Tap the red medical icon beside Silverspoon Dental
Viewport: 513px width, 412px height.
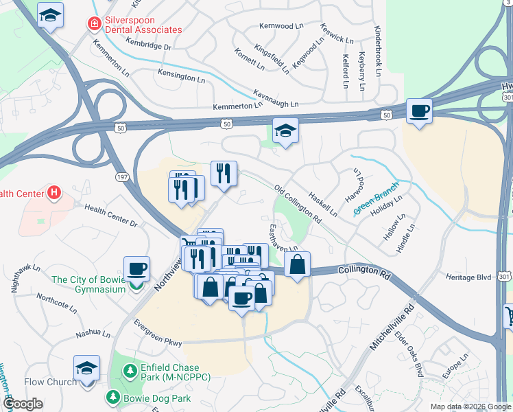[x=93, y=24]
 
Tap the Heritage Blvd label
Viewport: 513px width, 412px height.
[x=469, y=277]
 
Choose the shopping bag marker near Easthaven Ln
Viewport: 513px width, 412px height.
[x=297, y=264]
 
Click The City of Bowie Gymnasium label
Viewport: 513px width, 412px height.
[x=88, y=284]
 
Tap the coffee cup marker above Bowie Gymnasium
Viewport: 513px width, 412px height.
[x=136, y=268]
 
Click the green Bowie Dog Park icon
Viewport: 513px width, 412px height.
[x=111, y=397]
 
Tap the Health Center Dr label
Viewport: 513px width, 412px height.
[x=110, y=215]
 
